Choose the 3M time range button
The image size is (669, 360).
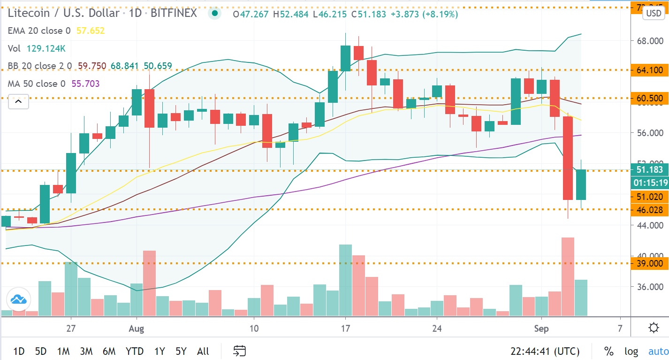pyautogui.click(x=86, y=351)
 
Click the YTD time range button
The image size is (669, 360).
pyautogui.click(x=135, y=351)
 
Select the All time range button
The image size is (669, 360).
pyautogui.click(x=203, y=351)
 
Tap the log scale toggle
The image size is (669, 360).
pyautogui.click(x=631, y=351)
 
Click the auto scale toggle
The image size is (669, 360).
pyautogui.click(x=658, y=351)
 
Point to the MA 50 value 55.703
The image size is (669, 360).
pyautogui.click(x=85, y=84)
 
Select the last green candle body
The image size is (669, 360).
pyautogui.click(x=581, y=184)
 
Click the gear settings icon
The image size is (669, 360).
pyautogui.click(x=654, y=328)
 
